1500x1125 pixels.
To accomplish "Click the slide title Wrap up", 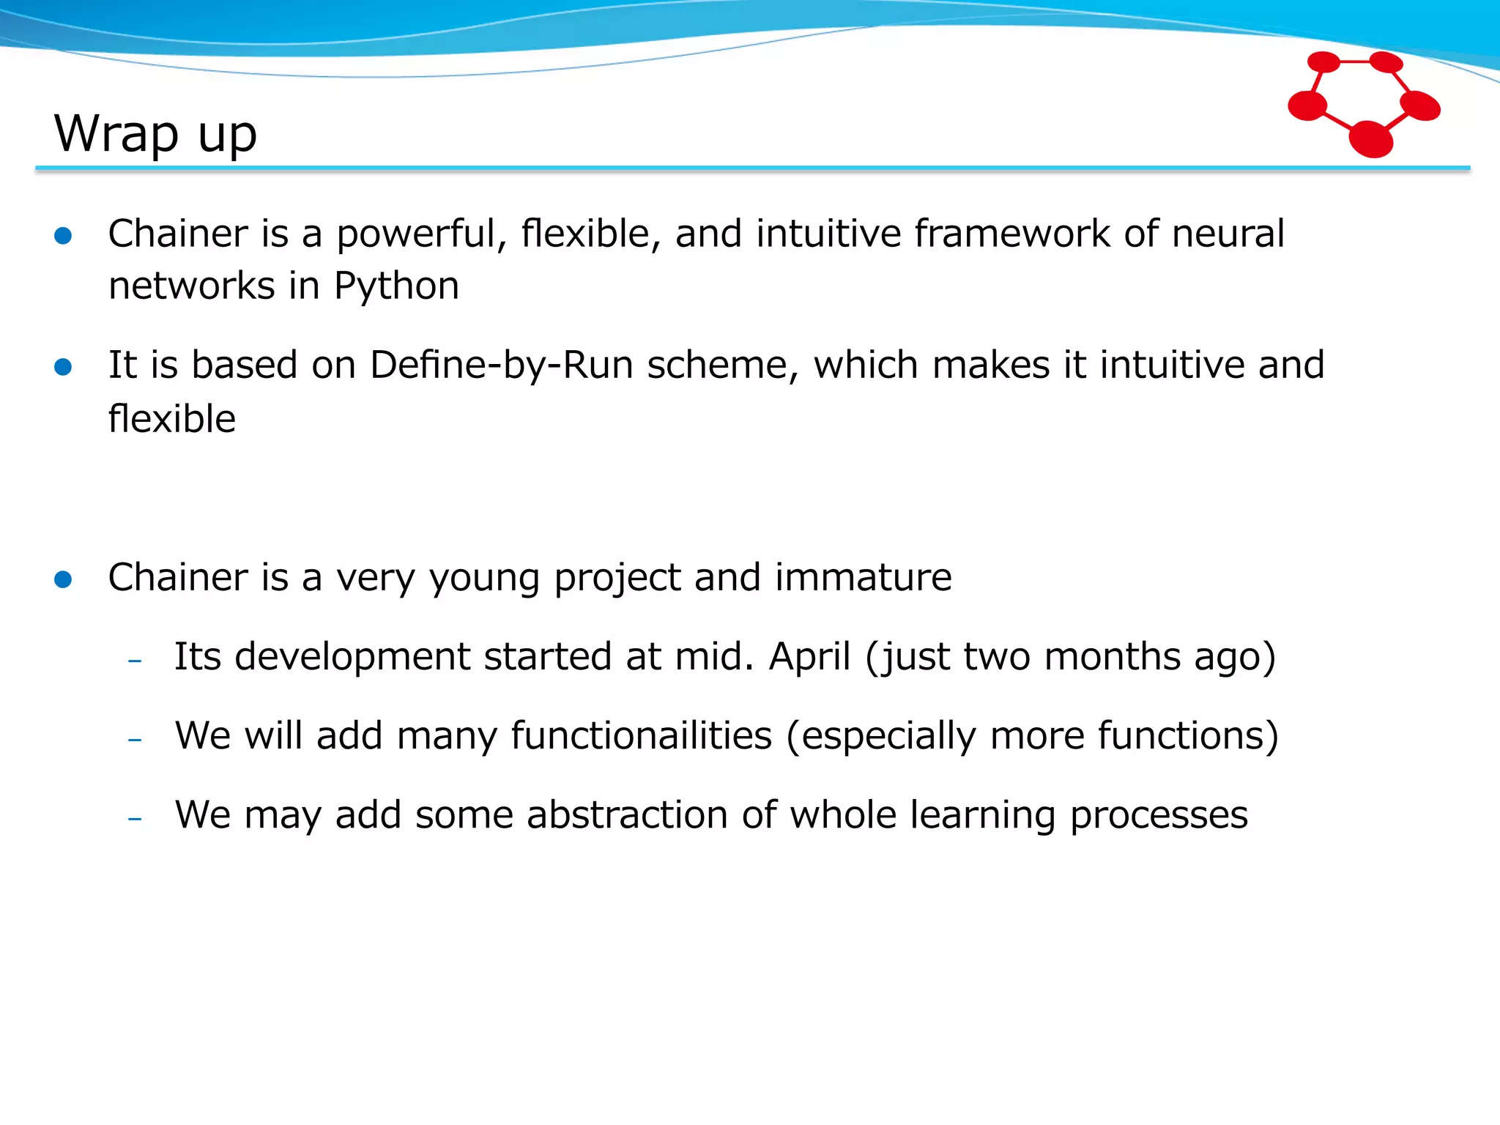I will coord(155,134).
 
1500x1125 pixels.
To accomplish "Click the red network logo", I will coord(1364,103).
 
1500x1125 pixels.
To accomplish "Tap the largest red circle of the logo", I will coord(1370,139).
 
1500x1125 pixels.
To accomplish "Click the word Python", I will coord(396,286).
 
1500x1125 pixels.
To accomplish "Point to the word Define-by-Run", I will coord(502,365).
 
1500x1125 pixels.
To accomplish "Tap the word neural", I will coord(1228,234).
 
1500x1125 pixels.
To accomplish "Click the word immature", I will coord(864,577).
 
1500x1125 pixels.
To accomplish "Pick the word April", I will coord(809,656).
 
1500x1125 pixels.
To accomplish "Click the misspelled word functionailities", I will coord(642,735).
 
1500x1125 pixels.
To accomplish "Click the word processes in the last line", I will coord(1159,816).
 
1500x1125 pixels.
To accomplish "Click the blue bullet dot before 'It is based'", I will coord(63,367).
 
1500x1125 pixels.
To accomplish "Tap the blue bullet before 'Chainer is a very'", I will coord(63,580).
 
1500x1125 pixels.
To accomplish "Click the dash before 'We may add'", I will coord(134,818).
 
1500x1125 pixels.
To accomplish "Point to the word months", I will coord(1113,656).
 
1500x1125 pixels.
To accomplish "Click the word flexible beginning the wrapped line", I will coord(172,419).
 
